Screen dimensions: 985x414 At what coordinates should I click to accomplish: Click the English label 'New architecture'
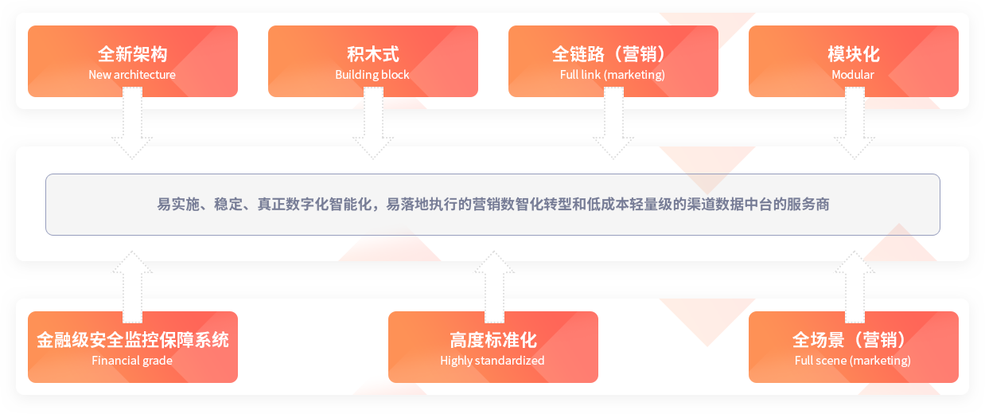(x=132, y=75)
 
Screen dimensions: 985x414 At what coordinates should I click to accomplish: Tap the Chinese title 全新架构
(x=132, y=54)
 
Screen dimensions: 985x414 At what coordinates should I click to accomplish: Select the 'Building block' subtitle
(x=372, y=75)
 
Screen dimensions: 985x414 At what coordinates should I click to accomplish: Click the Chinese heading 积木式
(x=373, y=54)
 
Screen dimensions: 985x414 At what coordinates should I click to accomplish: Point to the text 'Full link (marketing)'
(x=613, y=75)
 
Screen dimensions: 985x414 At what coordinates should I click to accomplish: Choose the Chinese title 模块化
(x=854, y=54)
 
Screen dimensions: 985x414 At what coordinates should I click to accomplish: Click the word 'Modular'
(x=853, y=75)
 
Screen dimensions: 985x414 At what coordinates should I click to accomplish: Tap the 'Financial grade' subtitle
(x=132, y=361)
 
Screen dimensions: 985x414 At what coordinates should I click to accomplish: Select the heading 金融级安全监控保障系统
(x=132, y=340)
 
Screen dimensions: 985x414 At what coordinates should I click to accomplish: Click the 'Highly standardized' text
(x=492, y=361)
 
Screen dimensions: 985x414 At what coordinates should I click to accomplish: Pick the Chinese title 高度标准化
(x=493, y=340)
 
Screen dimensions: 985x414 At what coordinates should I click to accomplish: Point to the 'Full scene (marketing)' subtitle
(x=853, y=361)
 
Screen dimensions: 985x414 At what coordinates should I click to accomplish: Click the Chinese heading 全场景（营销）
(x=849, y=340)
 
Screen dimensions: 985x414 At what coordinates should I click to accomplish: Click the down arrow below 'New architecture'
(x=132, y=123)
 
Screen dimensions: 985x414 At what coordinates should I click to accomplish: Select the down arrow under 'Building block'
(x=373, y=123)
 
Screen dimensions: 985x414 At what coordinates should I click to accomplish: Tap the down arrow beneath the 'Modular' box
(x=855, y=123)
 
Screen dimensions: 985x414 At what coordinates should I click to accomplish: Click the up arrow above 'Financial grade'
(x=132, y=287)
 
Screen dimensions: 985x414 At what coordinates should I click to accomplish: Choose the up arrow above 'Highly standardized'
(x=494, y=287)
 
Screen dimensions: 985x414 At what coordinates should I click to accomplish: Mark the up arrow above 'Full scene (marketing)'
(x=855, y=287)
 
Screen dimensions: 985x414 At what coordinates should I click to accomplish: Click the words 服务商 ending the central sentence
(x=808, y=205)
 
